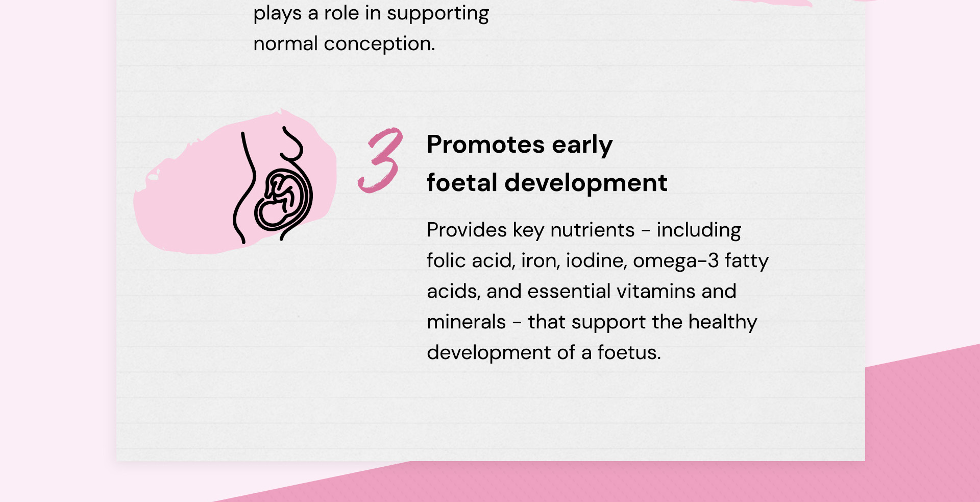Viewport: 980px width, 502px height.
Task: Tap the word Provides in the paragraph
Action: pyautogui.click(x=467, y=230)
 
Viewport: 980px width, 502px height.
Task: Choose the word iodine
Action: pyautogui.click(x=596, y=261)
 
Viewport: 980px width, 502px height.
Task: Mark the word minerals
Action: pyautogui.click(x=466, y=322)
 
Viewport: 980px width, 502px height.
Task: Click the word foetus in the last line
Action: pyautogui.click(x=629, y=352)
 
